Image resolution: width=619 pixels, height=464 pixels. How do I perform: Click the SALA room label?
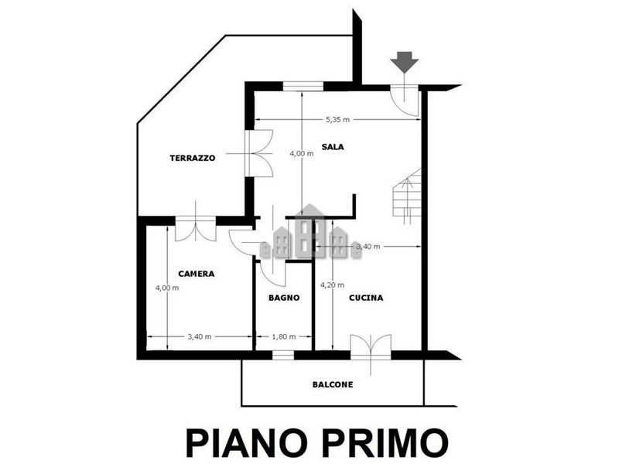click(333, 147)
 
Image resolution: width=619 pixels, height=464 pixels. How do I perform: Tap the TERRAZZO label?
click(193, 158)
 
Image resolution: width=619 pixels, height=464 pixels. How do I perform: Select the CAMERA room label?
click(197, 274)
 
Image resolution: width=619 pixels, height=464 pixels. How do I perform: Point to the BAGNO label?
click(284, 298)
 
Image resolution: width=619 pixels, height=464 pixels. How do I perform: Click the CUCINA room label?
click(366, 298)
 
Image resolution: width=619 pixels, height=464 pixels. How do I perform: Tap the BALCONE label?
click(333, 384)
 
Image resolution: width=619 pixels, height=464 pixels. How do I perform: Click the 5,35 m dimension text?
click(337, 120)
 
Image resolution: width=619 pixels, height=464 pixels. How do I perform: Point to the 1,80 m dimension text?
click(284, 336)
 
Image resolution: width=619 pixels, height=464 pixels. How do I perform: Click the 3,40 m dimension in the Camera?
click(200, 336)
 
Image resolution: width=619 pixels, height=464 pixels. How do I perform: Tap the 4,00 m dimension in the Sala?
click(302, 153)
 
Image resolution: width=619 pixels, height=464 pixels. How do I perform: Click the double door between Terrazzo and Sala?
click(259, 153)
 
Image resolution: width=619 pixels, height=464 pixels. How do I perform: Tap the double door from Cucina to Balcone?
click(371, 347)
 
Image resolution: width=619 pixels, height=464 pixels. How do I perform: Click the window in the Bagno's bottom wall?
click(283, 355)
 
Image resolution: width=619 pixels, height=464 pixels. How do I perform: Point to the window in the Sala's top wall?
click(303, 86)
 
